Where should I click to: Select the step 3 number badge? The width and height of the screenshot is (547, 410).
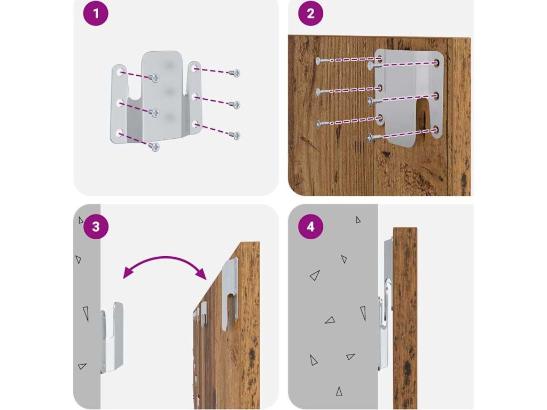(x=96, y=226)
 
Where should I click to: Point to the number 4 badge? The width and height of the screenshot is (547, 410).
(x=310, y=226)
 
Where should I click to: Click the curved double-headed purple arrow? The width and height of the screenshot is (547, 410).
(x=165, y=258)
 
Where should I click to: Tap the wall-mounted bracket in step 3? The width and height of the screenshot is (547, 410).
(x=112, y=337)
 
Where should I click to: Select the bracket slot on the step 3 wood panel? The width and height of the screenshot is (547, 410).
(x=231, y=309)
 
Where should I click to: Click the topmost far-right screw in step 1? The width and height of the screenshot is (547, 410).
(x=235, y=73)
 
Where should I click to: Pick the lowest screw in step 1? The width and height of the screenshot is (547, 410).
(x=154, y=146)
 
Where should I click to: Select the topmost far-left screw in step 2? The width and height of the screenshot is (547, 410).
(x=323, y=61)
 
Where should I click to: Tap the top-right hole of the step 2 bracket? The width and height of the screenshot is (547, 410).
(x=436, y=63)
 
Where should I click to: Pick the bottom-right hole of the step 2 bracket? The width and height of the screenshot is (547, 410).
(x=435, y=130)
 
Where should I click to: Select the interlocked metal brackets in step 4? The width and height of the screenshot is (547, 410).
(x=385, y=303)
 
